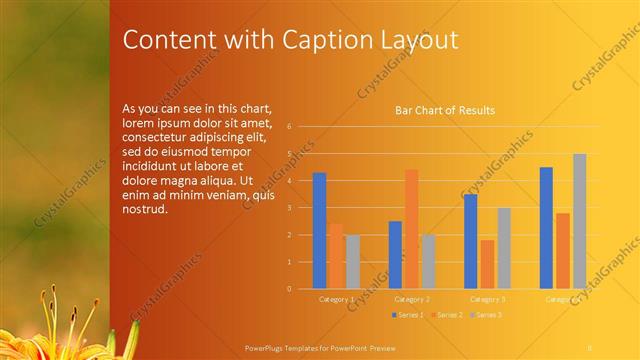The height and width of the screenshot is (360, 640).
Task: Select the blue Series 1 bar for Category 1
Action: pos(319,230)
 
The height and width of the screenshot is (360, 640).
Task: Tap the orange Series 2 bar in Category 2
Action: pos(411,228)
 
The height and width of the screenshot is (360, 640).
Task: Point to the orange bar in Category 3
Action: pos(487,264)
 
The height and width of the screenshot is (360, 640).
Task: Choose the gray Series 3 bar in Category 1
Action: pos(353,261)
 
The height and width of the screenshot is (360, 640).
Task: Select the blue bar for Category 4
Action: pos(546,227)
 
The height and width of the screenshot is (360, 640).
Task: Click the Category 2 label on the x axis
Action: pos(412,299)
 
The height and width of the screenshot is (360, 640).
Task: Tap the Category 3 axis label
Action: pos(488,299)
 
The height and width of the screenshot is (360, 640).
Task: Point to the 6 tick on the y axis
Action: pos(288,127)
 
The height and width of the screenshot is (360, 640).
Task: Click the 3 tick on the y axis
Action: pos(288,208)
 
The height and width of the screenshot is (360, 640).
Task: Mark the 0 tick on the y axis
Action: pos(288,289)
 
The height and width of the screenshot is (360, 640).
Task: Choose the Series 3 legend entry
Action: pos(485,315)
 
